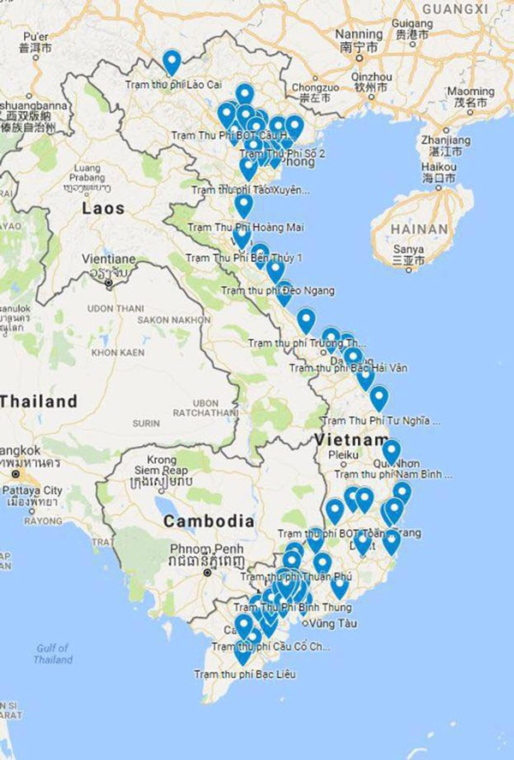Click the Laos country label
pos(103,208)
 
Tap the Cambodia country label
pos(208,520)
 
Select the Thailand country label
pos(38,401)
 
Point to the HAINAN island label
pos(419,229)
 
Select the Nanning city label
pos(360,34)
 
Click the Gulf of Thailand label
pos(53,653)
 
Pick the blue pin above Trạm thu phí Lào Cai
pos(172,62)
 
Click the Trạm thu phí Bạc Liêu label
pos(244,674)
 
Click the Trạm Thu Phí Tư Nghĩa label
pos(381,421)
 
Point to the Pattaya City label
pos(34,490)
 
